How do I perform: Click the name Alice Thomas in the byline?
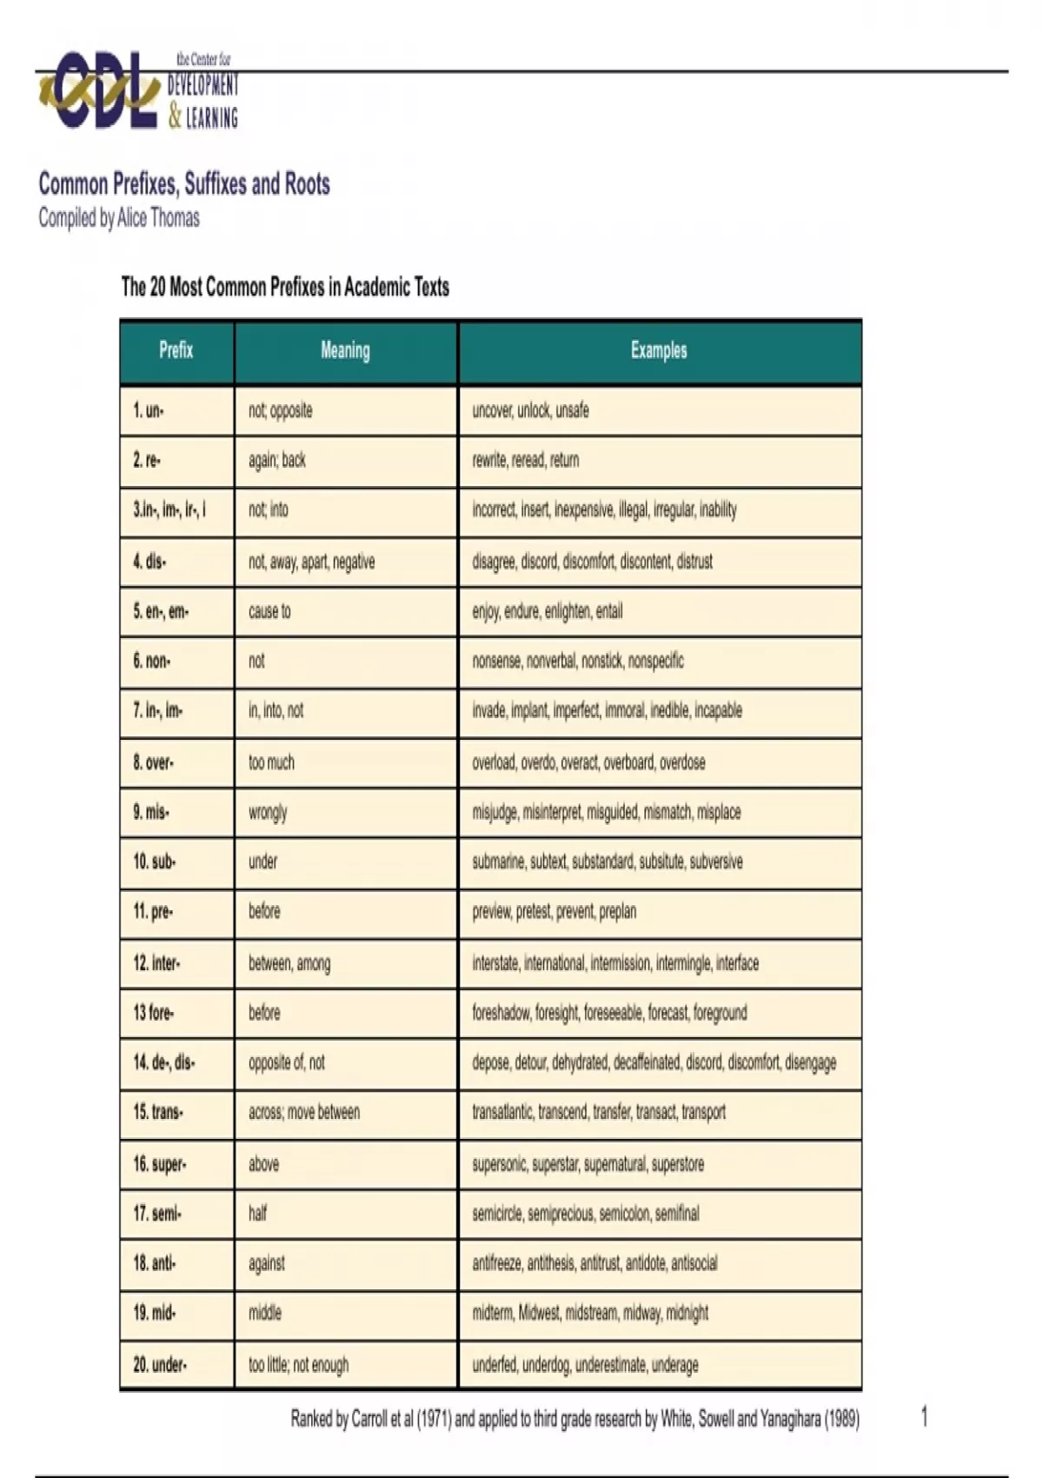tap(158, 217)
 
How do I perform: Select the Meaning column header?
tap(345, 350)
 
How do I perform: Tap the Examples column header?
tap(659, 350)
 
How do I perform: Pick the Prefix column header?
tap(176, 350)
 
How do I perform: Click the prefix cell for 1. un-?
tap(149, 410)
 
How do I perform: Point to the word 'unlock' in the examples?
tap(533, 410)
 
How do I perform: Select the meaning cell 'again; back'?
tap(277, 460)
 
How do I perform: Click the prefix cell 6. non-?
tap(152, 661)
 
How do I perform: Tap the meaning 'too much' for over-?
tap(271, 762)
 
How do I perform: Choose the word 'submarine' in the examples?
tap(499, 862)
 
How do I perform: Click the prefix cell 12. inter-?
tap(157, 963)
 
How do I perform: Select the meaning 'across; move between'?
tap(304, 1112)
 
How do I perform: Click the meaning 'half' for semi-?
tap(258, 1213)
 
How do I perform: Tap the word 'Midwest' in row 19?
tap(539, 1313)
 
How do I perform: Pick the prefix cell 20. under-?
tap(160, 1365)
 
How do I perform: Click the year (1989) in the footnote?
tap(841, 1419)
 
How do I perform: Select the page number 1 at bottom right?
tap(924, 1417)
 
